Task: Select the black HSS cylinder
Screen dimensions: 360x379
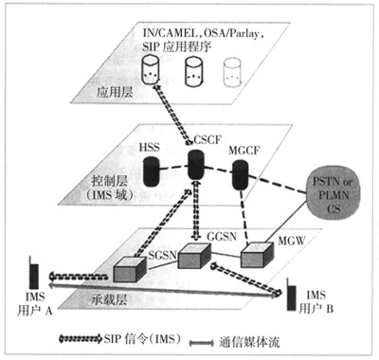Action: (151, 171)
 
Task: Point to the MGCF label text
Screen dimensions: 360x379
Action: (245, 150)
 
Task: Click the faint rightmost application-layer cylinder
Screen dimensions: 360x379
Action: (232, 68)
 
